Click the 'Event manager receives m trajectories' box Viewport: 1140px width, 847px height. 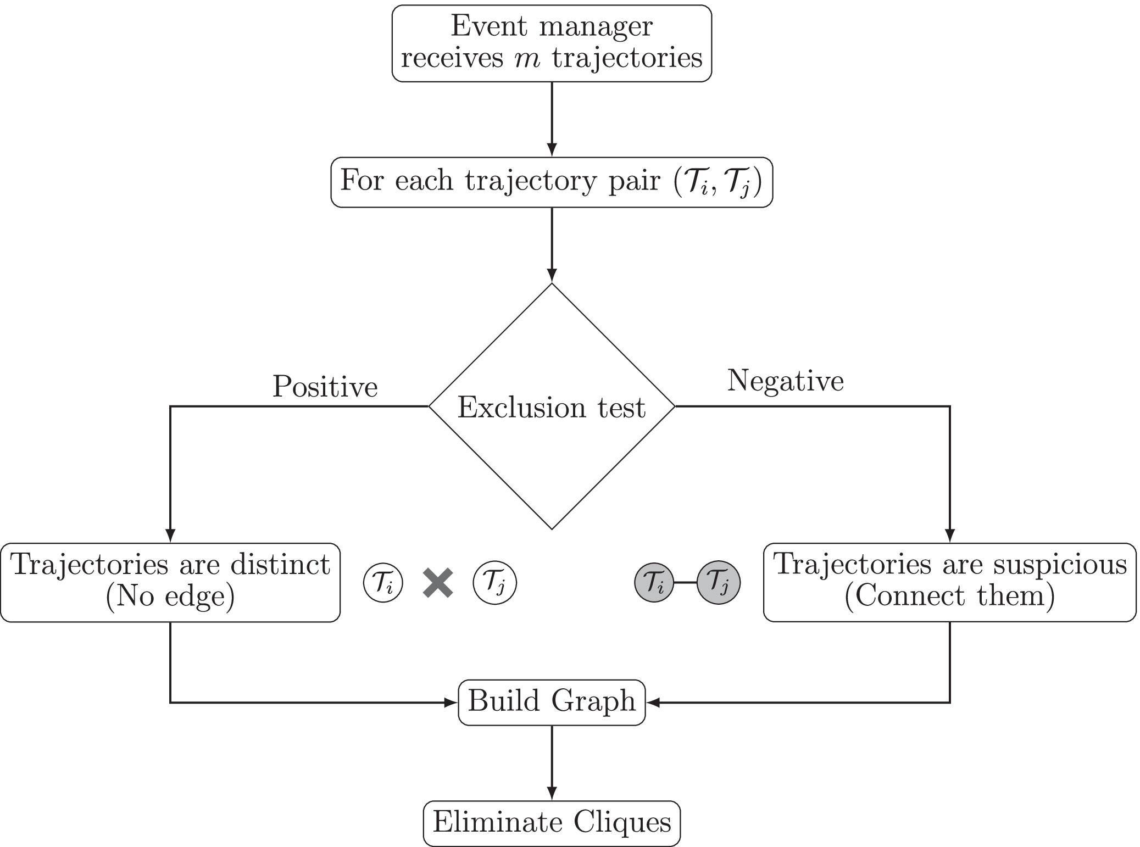coord(552,43)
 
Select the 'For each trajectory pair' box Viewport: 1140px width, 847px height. coord(552,182)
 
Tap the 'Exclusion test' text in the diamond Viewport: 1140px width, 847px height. coord(551,408)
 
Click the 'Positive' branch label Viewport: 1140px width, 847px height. coord(325,387)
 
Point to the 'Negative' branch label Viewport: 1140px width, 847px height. coord(785,381)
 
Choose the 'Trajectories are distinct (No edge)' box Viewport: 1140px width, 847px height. coord(170,582)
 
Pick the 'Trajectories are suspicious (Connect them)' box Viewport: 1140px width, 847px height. coord(949,582)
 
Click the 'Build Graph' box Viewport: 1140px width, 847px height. coord(552,702)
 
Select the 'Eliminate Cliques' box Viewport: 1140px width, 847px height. coord(552,823)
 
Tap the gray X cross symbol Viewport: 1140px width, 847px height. coord(438,583)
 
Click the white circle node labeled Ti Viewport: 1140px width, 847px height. coord(383,583)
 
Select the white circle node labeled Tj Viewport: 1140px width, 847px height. coord(494,583)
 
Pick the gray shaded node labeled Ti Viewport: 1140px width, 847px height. coord(654,582)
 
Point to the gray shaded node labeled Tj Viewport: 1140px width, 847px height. coord(718,582)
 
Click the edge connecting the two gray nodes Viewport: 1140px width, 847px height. coord(686,582)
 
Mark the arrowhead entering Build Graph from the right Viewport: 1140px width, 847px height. coord(653,702)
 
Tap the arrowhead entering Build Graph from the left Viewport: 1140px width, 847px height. coord(453,702)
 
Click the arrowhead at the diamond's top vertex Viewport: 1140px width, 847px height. coord(552,275)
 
